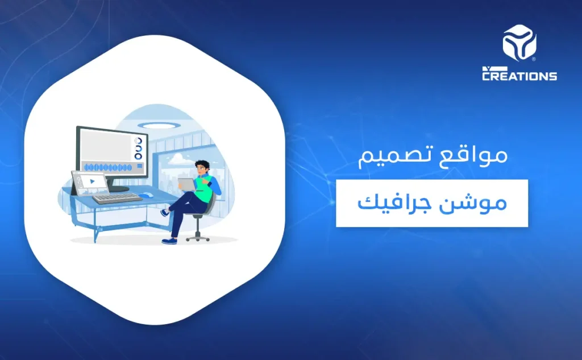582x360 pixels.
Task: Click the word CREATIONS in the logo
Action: coord(519,75)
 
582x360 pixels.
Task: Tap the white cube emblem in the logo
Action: coord(519,43)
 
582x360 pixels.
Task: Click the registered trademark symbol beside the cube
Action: coord(533,58)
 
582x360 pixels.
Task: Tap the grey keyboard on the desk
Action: coord(117,198)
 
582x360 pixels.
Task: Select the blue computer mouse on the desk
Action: coord(146,196)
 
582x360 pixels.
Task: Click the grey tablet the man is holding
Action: coord(186,184)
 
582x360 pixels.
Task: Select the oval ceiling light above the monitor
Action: coord(151,125)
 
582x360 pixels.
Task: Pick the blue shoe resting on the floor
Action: coord(169,241)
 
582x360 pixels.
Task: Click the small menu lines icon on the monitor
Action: coord(138,165)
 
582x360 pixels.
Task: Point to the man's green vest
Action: coord(205,185)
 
